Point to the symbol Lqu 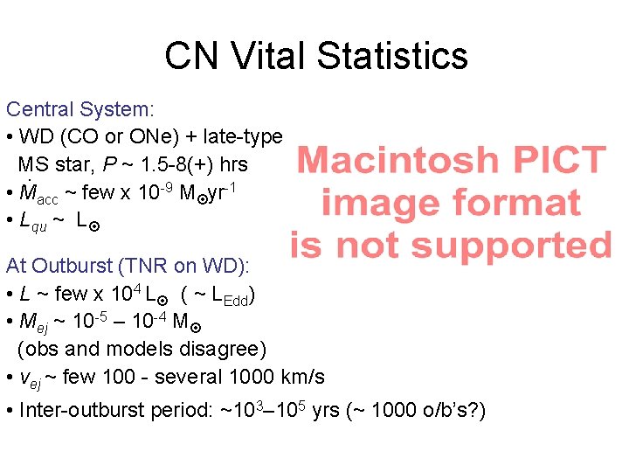point(33,222)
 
